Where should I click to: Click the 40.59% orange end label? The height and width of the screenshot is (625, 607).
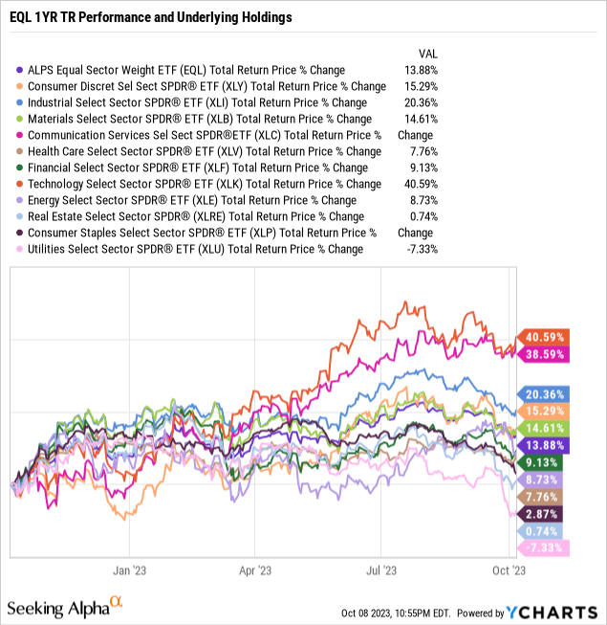(x=543, y=337)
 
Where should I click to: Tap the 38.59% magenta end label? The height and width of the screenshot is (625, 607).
(x=543, y=354)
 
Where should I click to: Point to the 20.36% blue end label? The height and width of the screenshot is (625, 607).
(x=543, y=393)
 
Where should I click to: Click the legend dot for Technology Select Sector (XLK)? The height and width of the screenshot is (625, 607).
(x=19, y=184)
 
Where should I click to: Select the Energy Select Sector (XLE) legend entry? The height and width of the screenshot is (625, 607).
(x=191, y=200)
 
